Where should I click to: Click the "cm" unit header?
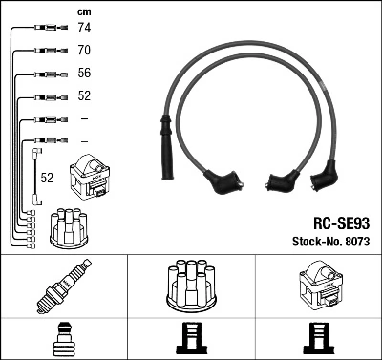pos(83,11)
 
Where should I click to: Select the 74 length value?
pos(83,29)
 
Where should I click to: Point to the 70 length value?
pos(83,50)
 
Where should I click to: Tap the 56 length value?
pos(83,74)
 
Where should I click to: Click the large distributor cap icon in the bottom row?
pos(191,284)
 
